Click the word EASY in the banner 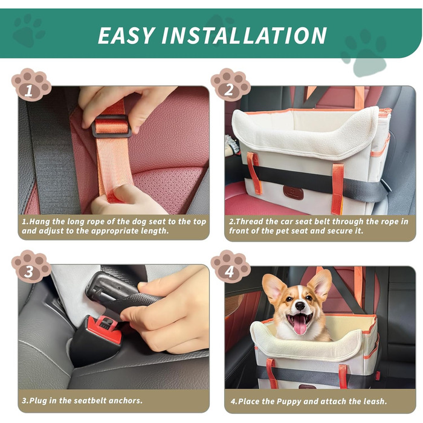pyautogui.click(x=126, y=35)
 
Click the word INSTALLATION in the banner pyautogui.click(x=244, y=35)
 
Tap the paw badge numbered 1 pyautogui.click(x=31, y=84)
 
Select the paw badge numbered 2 pyautogui.click(x=231, y=84)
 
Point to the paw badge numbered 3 pyautogui.click(x=31, y=266)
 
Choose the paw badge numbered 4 pyautogui.click(x=231, y=266)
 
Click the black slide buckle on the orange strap pyautogui.click(x=111, y=126)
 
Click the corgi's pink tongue pyautogui.click(x=300, y=325)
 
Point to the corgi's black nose pyautogui.click(x=300, y=306)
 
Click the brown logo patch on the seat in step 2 pyautogui.click(x=293, y=192)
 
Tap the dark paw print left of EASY pyautogui.click(x=28, y=30)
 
